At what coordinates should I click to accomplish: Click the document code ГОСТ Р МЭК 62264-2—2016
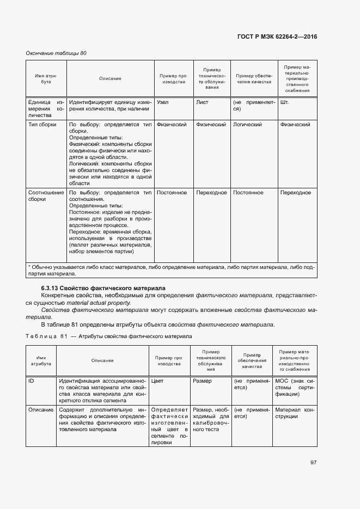(277, 36)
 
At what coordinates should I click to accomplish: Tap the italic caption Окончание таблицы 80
(57, 53)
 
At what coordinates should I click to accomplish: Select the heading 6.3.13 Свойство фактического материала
(103, 287)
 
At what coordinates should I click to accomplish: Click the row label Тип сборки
(42, 125)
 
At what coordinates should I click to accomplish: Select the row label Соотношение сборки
(45, 196)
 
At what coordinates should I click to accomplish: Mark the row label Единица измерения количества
(46, 108)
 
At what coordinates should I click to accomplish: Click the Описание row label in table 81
(41, 409)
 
